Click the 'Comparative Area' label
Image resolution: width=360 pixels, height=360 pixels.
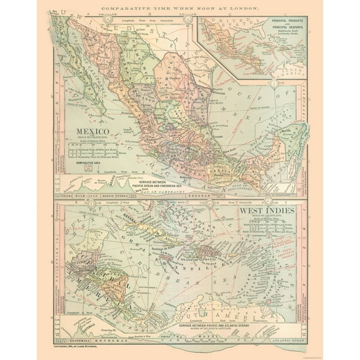(89, 162)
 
